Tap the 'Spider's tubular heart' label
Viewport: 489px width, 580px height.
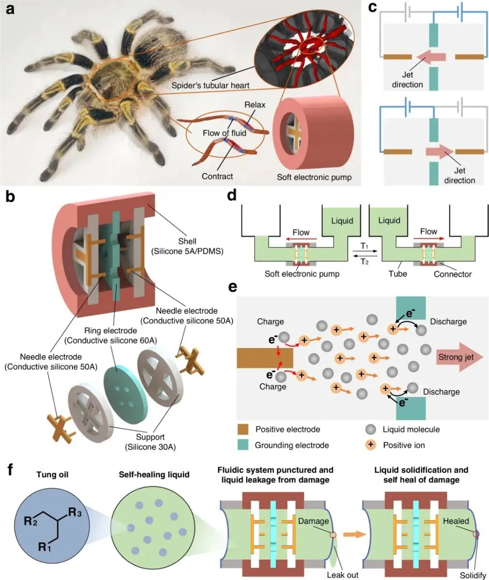(210, 86)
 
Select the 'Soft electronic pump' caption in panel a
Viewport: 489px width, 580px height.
(314, 177)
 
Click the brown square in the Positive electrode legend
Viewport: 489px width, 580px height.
(244, 429)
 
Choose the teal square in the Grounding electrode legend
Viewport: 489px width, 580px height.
(244, 445)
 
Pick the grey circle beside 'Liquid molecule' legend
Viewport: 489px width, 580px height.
(371, 429)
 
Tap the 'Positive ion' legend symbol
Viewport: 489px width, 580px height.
(371, 445)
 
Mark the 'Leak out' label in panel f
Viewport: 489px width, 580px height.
(343, 575)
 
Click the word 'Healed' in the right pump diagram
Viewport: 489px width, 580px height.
(456, 521)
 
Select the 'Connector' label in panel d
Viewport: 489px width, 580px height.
(452, 274)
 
